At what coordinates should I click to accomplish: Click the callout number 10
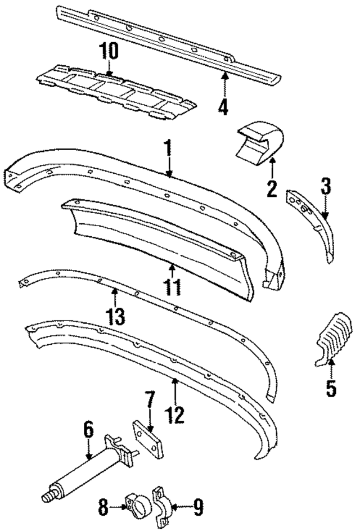click(x=109, y=52)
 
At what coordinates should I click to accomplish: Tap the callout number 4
click(x=223, y=106)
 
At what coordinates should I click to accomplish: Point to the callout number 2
click(x=272, y=188)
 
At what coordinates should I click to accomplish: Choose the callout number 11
click(x=173, y=286)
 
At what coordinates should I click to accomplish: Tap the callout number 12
click(x=175, y=415)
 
